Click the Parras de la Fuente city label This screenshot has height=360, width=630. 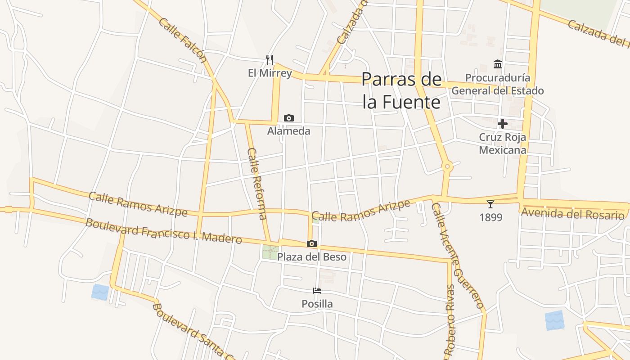tap(401, 90)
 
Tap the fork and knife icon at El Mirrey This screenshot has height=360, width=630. tap(270, 59)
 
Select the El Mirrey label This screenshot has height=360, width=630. tap(270, 72)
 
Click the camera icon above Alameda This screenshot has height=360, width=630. tap(289, 118)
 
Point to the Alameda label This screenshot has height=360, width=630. tap(289, 131)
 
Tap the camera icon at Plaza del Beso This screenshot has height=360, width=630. tap(312, 244)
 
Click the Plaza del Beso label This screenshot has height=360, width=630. tap(312, 257)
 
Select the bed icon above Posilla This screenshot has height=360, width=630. tap(317, 291)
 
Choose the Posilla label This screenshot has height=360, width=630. tap(317, 304)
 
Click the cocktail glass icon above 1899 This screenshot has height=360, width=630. tap(490, 204)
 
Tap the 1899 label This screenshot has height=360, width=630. tap(490, 217)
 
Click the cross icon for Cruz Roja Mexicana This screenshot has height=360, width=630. tap(503, 123)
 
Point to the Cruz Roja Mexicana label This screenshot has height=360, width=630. tap(503, 143)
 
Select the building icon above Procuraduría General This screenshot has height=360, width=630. tap(498, 64)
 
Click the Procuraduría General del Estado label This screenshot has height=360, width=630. tap(498, 84)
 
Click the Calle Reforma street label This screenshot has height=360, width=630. tap(257, 184)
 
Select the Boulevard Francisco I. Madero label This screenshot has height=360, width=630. tap(164, 231)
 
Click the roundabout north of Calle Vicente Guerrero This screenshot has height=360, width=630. tap(447, 166)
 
